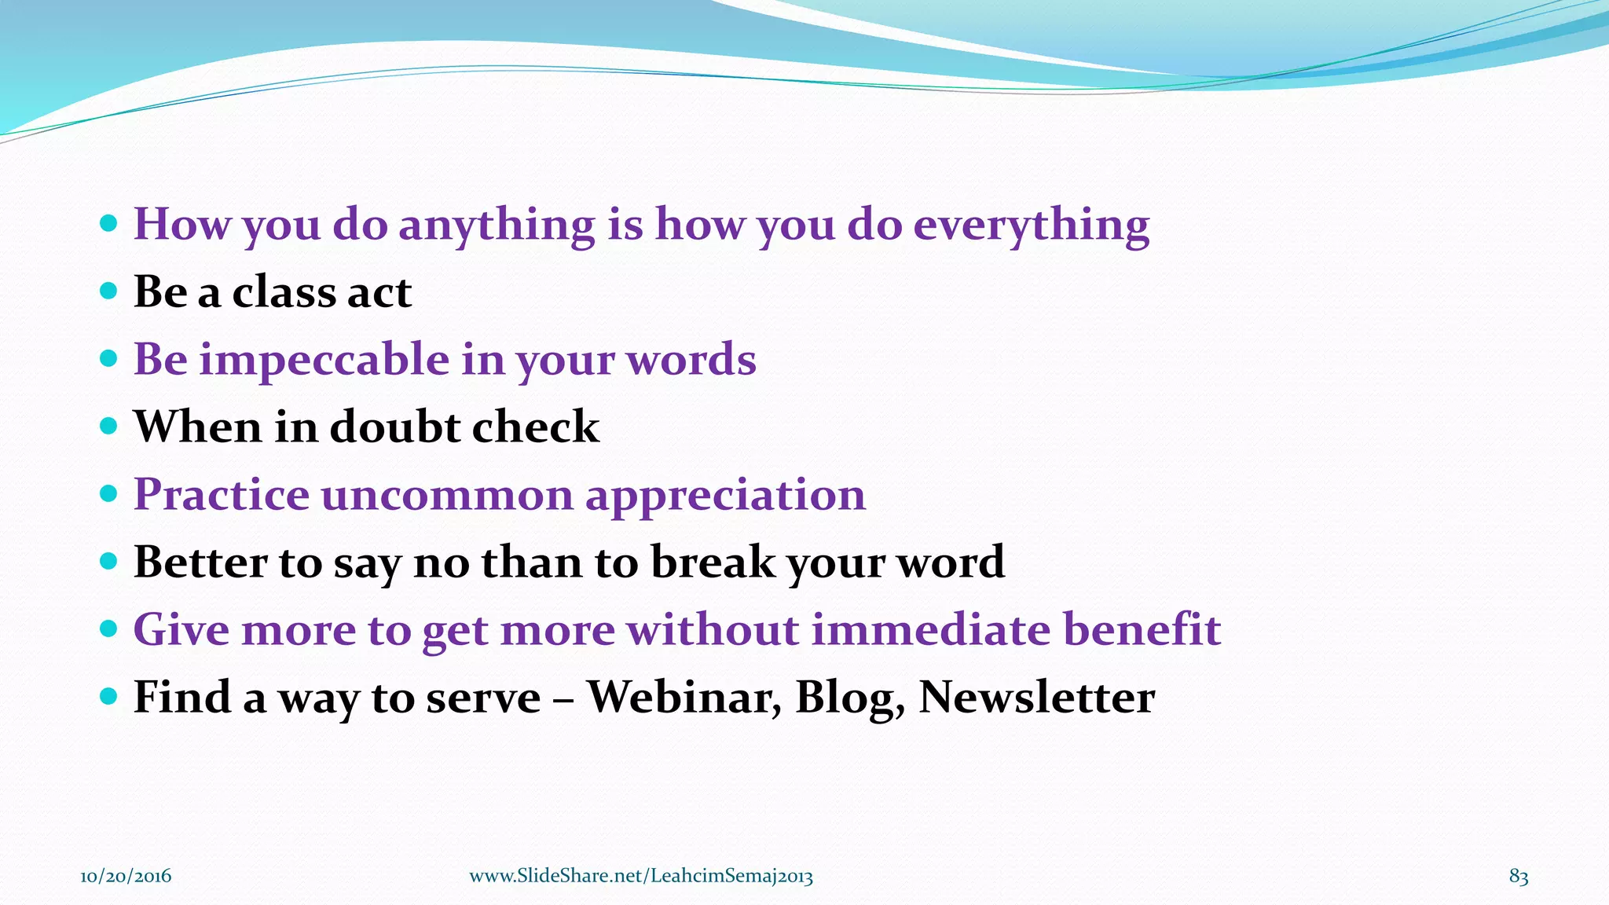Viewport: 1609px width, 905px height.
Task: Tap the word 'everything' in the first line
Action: coord(1031,225)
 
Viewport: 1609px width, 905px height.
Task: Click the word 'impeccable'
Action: coord(324,361)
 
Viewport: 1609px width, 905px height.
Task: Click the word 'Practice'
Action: coord(222,495)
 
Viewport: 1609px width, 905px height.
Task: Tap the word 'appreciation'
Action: coord(725,496)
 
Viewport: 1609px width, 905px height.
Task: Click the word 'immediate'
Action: coord(930,630)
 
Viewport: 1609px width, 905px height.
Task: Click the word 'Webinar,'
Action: coord(684,698)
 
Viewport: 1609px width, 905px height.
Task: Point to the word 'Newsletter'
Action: coord(1036,698)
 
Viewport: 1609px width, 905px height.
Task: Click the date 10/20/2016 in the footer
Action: coord(126,876)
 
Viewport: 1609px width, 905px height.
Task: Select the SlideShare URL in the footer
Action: coord(641,876)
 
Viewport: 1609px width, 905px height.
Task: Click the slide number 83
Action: coord(1518,876)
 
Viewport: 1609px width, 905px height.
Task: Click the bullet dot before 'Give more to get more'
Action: coord(109,628)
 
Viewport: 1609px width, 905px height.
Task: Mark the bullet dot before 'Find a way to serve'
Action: coord(109,696)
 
